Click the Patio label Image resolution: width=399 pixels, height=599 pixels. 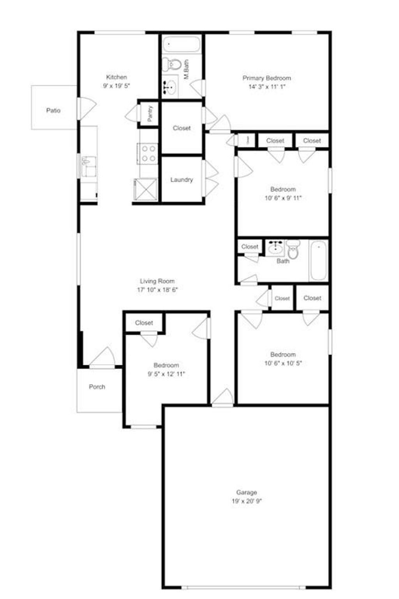pyautogui.click(x=53, y=110)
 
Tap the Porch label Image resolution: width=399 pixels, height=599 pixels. pyautogui.click(x=97, y=387)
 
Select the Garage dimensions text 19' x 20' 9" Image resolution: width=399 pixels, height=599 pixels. pyautogui.click(x=247, y=501)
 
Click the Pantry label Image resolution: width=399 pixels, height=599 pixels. pyautogui.click(x=150, y=114)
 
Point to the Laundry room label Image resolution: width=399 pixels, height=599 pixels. pyautogui.click(x=182, y=180)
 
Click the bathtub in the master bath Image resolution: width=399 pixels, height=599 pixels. pyautogui.click(x=181, y=44)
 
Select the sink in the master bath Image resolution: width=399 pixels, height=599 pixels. pyautogui.click(x=169, y=87)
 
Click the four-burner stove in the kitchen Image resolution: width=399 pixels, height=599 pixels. pyautogui.click(x=148, y=153)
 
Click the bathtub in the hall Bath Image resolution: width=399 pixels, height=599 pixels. pyautogui.click(x=318, y=260)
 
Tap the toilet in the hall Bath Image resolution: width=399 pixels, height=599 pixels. pyautogui.click(x=293, y=250)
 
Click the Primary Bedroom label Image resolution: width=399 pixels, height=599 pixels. pyautogui.click(x=267, y=78)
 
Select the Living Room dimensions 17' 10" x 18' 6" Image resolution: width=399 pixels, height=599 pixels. pyautogui.click(x=157, y=290)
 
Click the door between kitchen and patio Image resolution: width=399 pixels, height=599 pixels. pyautogui.click(x=86, y=108)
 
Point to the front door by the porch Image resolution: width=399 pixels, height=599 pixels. pyautogui.click(x=102, y=358)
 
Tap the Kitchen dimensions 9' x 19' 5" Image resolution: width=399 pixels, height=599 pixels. pyautogui.click(x=117, y=85)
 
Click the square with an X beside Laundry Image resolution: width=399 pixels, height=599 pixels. pyautogui.click(x=145, y=190)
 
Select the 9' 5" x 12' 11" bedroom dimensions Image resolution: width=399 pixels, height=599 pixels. pyautogui.click(x=166, y=374)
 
